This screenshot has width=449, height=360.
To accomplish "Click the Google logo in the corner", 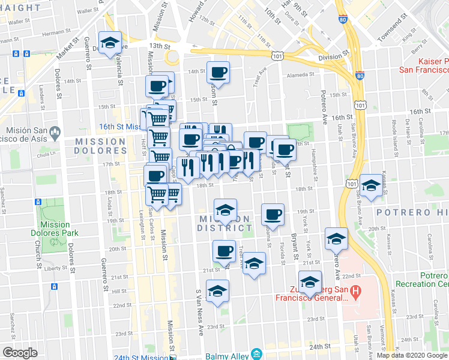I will coord(20,353).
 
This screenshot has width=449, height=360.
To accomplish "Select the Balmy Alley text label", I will coord(227,355).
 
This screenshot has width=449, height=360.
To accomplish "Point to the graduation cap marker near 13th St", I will coord(109,43).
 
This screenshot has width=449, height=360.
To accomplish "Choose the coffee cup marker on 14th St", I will coord(218,73).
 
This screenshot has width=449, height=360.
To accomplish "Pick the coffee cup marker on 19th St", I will coord(273,215).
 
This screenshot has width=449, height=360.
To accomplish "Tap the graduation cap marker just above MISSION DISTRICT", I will coord(225,210).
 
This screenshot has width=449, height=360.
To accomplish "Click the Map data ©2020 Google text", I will coord(412,355).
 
